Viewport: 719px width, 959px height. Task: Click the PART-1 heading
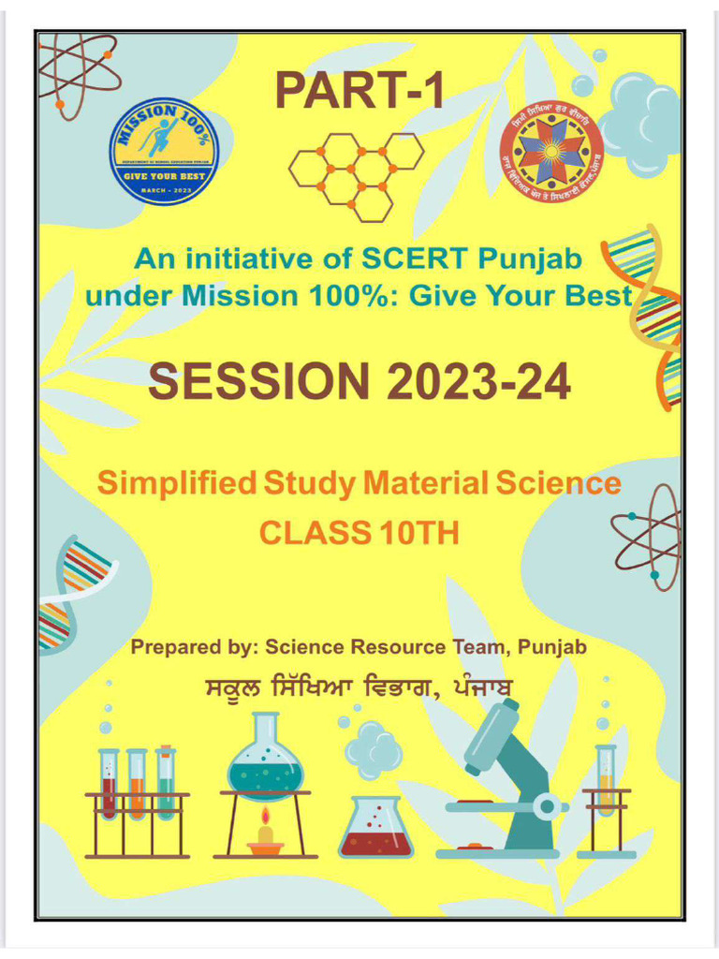pos(359,90)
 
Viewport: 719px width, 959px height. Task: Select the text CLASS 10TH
pos(359,531)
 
